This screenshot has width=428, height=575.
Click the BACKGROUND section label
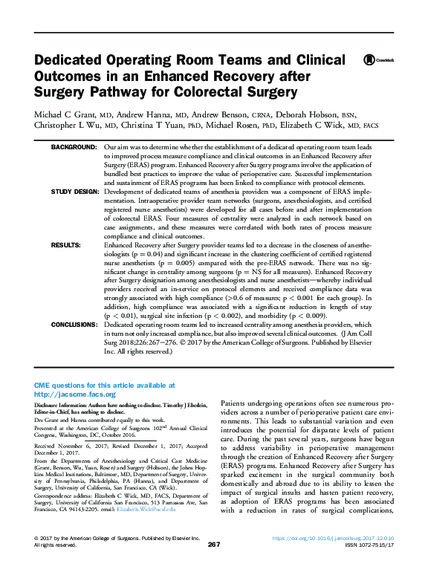pyautogui.click(x=74, y=148)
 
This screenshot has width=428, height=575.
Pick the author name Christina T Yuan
pyautogui.click(x=180, y=126)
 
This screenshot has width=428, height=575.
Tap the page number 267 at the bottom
pyautogui.click(x=214, y=565)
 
